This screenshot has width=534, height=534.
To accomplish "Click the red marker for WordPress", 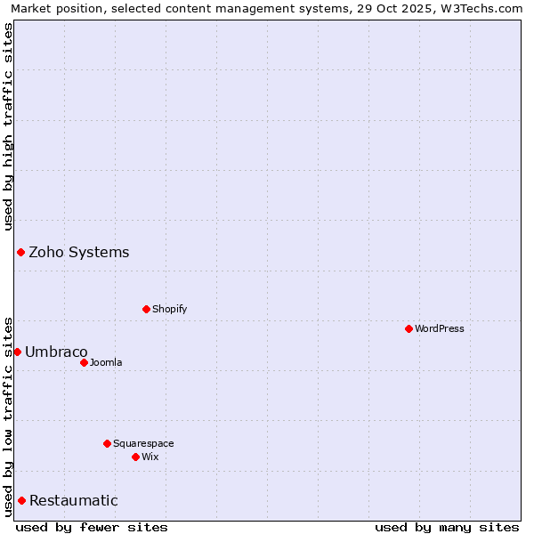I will (409, 328).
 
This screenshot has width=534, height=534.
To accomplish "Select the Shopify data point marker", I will (146, 309).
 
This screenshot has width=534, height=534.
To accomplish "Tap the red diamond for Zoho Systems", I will (20, 252).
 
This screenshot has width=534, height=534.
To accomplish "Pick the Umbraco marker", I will (17, 352).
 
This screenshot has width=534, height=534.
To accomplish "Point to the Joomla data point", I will (84, 362).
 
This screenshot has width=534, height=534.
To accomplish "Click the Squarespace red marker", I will (107, 443).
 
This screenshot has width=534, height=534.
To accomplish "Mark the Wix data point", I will (135, 457).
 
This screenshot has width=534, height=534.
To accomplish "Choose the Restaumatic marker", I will (21, 500).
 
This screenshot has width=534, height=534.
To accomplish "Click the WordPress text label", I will (440, 328).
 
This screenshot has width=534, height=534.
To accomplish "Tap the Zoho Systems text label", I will (79, 252).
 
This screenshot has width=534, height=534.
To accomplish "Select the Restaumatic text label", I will (74, 500).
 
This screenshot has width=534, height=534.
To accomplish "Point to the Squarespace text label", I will (143, 443).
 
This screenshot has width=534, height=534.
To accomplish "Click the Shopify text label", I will (170, 309).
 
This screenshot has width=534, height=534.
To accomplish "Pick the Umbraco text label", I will (56, 352).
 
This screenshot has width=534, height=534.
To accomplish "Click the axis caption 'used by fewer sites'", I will (92, 527).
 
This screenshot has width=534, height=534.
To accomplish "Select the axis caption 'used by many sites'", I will (447, 527).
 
